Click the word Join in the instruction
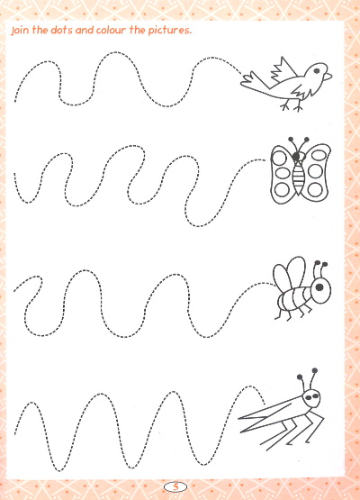coord(20,31)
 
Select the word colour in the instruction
coord(112,30)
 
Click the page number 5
coord(175,486)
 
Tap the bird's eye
coord(317,71)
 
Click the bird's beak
coord(328,77)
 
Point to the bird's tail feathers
coord(250,80)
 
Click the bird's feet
coord(292,106)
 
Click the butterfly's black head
coord(297,156)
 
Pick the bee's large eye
coord(319,287)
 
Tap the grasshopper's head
coord(311,397)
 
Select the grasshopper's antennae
coord(308,379)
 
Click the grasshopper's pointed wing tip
coord(238,418)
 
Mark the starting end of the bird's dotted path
coord(15,102)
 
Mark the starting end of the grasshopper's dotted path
coord(14,433)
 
